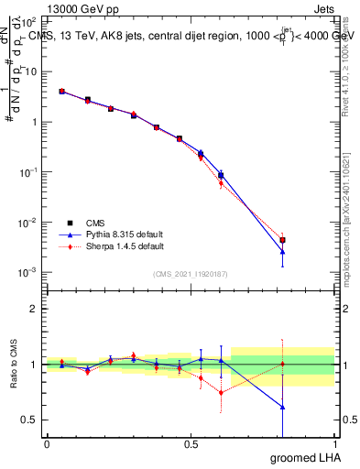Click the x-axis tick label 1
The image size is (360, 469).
(x=333, y=444)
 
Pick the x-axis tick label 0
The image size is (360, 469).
(x=47, y=444)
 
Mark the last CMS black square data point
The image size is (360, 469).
(x=283, y=240)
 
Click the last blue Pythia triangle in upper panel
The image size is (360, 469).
(x=283, y=251)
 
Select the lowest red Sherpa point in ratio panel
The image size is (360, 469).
(x=221, y=392)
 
